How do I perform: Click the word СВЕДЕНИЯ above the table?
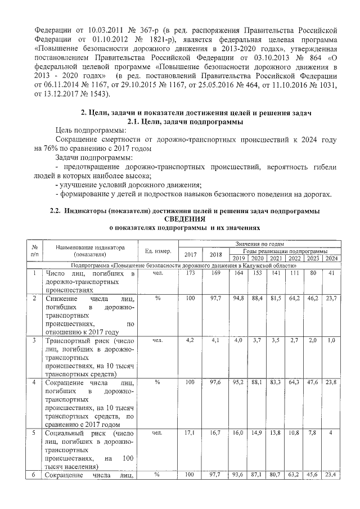185,218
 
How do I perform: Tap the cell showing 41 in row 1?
331,273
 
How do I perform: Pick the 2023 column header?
313,258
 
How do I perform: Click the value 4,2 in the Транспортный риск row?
190,340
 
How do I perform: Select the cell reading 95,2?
238,382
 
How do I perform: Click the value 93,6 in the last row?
238,475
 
